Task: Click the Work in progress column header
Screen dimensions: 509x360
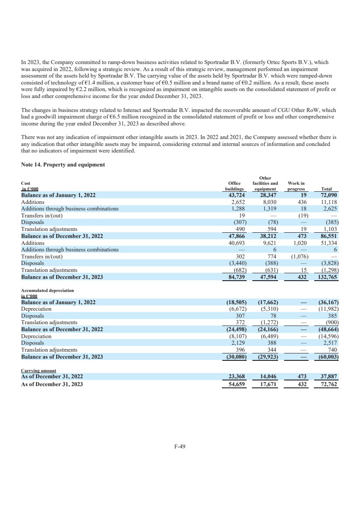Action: pyautogui.click(x=296, y=187)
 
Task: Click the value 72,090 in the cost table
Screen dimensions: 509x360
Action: pyautogui.click(x=330, y=196)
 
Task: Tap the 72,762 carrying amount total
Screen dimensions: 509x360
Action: pyautogui.click(x=330, y=384)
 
